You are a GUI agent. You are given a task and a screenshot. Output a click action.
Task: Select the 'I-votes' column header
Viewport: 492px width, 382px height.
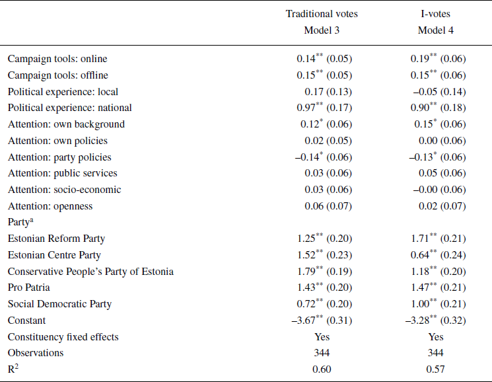coord(436,14)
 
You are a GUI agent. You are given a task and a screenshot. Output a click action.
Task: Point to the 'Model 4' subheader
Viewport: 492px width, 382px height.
coord(436,30)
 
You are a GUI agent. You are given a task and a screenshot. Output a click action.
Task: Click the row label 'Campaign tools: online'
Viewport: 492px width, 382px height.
coord(57,59)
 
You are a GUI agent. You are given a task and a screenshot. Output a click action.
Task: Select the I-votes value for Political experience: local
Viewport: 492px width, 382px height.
coord(436,91)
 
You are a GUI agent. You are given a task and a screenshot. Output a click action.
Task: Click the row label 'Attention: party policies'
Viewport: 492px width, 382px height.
coord(59,157)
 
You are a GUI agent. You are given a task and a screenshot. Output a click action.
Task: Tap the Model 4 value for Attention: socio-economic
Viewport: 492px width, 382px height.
coord(436,190)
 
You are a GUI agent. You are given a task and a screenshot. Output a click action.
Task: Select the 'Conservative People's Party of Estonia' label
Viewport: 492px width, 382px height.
coord(90,271)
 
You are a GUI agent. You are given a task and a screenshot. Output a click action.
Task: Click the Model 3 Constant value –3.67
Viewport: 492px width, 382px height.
coord(322,321)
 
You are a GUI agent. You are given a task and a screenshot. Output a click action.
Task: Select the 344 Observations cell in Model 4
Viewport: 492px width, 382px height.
coord(436,353)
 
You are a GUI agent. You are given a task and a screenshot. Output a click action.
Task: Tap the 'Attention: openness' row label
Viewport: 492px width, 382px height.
coord(50,206)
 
